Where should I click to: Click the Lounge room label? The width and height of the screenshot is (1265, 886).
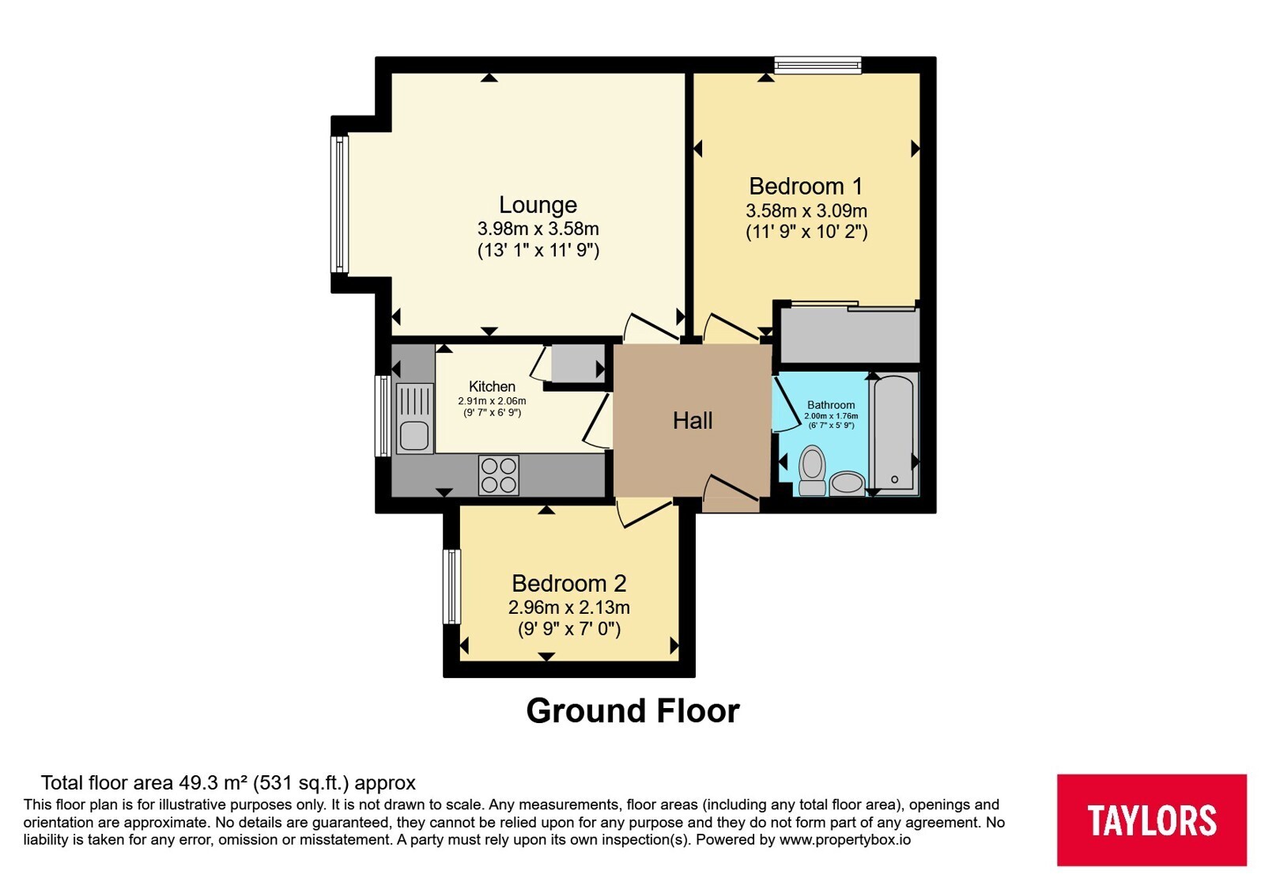point(538,205)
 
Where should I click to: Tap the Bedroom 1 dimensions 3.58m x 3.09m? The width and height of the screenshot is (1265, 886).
point(806,210)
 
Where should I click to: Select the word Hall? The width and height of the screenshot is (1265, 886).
point(693,420)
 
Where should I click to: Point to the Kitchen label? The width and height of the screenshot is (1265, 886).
point(492,387)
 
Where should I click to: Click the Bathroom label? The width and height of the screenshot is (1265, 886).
point(831,404)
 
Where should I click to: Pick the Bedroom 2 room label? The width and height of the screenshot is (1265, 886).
point(568,583)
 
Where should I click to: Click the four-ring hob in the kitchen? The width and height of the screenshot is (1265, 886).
point(499,475)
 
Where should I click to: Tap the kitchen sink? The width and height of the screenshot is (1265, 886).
point(414,418)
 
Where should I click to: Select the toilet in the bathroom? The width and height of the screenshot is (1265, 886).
point(813,471)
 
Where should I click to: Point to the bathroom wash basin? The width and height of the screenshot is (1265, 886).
point(847,483)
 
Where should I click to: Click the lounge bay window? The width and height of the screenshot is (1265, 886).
point(339,205)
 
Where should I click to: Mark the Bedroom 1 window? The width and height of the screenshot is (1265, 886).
point(818,65)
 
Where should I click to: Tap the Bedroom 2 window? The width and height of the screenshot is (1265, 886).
point(451,586)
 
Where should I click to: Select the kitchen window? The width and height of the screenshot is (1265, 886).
point(383,416)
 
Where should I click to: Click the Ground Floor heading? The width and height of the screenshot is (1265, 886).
point(633,711)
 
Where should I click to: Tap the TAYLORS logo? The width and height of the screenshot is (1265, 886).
point(1152,820)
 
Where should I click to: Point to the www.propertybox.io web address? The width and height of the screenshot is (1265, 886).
point(845,839)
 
